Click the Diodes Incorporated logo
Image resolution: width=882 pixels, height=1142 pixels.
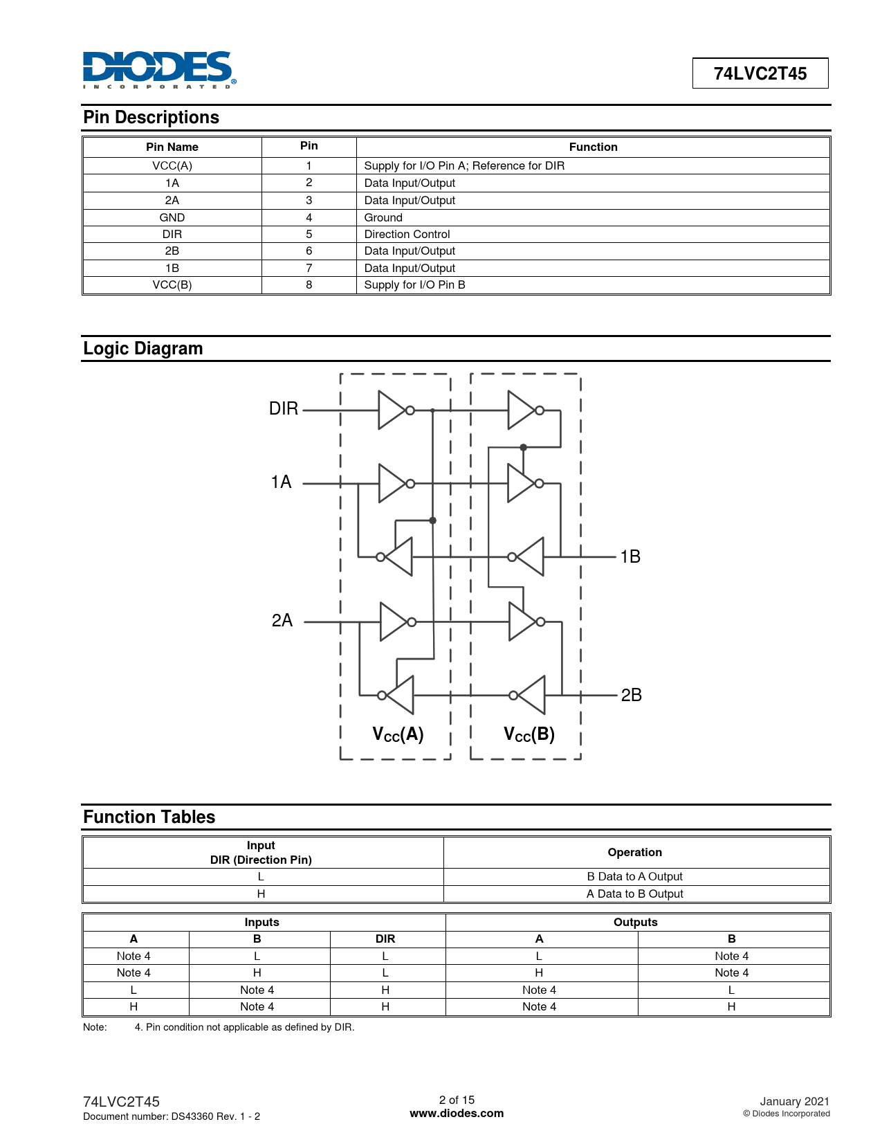click(159, 69)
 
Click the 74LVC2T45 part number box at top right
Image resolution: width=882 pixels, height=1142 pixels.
click(760, 73)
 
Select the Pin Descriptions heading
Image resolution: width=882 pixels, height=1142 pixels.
click(151, 118)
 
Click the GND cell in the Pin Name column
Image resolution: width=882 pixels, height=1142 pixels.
click(172, 217)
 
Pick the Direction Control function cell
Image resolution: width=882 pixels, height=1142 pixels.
click(407, 234)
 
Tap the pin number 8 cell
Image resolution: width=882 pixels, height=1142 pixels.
click(309, 284)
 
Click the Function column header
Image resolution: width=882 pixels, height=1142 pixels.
click(593, 147)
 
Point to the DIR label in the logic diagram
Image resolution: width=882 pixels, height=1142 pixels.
click(284, 409)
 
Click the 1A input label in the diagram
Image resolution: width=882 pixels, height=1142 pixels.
click(281, 482)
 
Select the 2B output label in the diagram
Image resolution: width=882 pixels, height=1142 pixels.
click(631, 695)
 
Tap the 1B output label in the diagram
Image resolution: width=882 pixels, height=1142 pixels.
click(630, 556)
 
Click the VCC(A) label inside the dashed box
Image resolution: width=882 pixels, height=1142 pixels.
click(398, 734)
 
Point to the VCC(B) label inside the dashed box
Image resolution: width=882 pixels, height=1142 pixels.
click(529, 734)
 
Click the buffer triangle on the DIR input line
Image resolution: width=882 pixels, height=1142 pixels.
click(392, 410)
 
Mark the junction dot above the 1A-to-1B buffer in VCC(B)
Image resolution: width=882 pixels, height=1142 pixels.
click(524, 447)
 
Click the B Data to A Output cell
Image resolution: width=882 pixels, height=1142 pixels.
click(634, 877)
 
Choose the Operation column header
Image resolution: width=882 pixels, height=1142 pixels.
click(634, 852)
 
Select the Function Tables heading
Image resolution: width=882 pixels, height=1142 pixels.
click(149, 817)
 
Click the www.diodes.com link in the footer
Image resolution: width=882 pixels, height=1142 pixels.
click(457, 1114)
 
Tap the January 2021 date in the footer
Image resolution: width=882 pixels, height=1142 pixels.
click(794, 1101)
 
